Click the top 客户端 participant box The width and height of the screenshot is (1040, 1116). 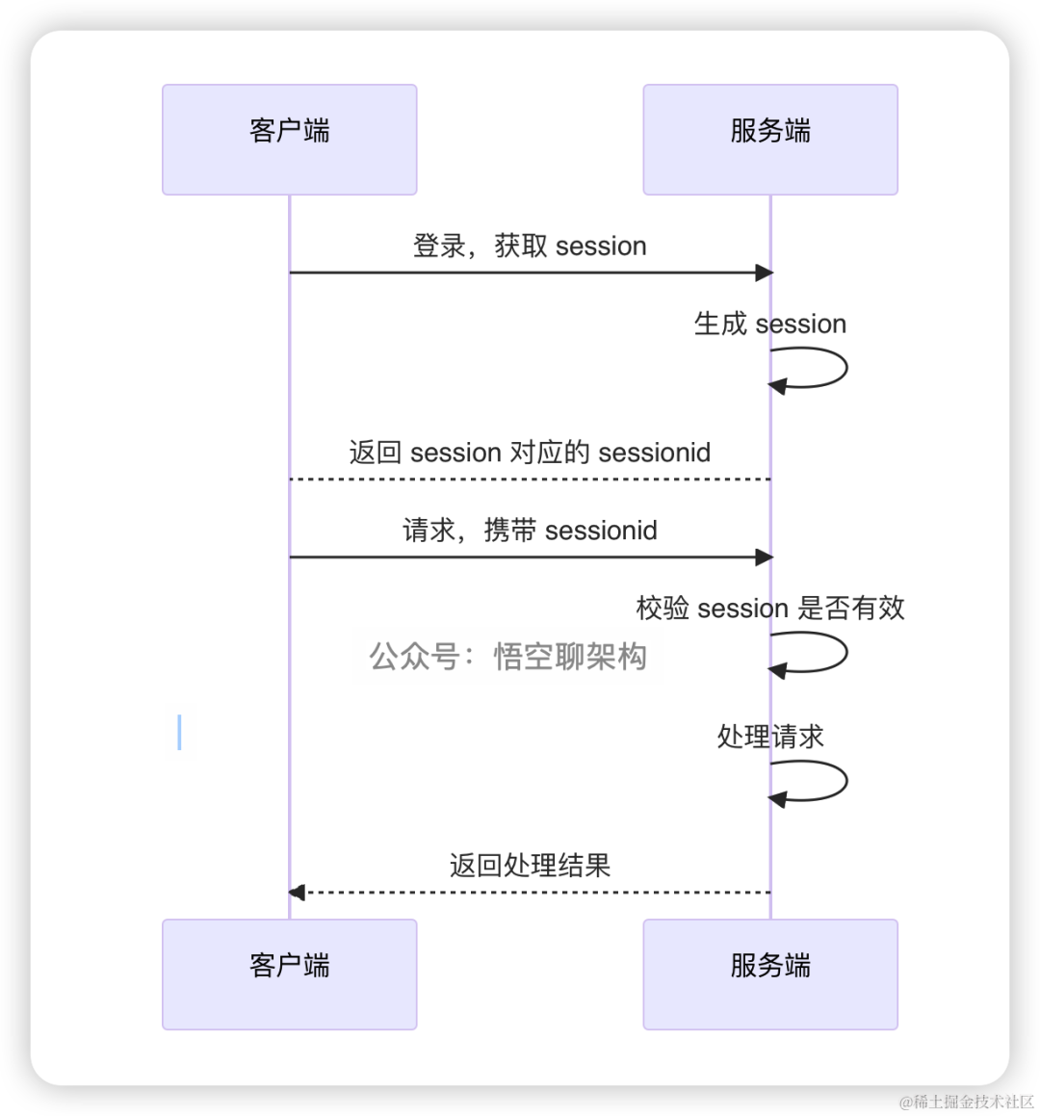coord(289,140)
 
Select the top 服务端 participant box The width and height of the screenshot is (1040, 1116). coord(770,140)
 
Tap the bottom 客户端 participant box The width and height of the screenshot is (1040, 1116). coord(289,973)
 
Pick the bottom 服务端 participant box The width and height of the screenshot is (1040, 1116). coord(770,973)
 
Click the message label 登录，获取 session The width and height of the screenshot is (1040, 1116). coord(530,247)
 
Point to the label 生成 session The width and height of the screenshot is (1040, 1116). coord(770,324)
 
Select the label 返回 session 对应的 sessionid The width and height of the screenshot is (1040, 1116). coord(530,453)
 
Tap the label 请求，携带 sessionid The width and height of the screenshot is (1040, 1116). coord(530,531)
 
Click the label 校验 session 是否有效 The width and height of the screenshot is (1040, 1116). coord(770,609)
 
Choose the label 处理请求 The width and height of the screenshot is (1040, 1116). coord(770,737)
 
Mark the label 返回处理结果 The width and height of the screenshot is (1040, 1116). coord(530,866)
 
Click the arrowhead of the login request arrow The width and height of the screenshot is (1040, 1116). coord(765,273)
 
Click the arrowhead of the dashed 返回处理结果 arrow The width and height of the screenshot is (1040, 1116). coord(297,893)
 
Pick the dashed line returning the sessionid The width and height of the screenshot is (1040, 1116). coord(530,479)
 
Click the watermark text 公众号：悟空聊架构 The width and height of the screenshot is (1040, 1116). coord(507,657)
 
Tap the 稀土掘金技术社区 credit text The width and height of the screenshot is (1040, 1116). coord(965,1101)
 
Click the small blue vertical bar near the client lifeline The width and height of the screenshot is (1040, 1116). coord(179,732)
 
